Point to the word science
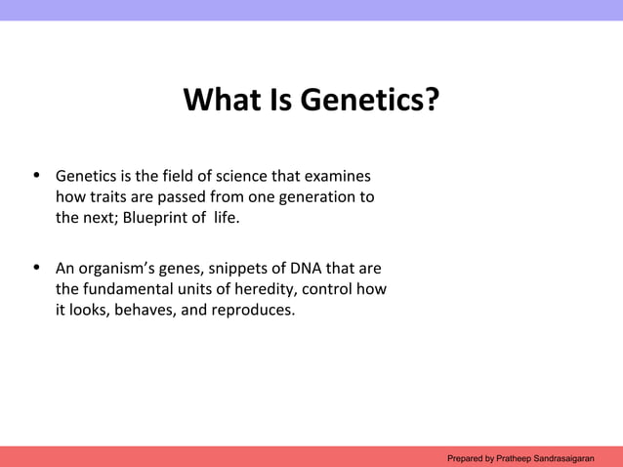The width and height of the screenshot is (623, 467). point(231,178)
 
